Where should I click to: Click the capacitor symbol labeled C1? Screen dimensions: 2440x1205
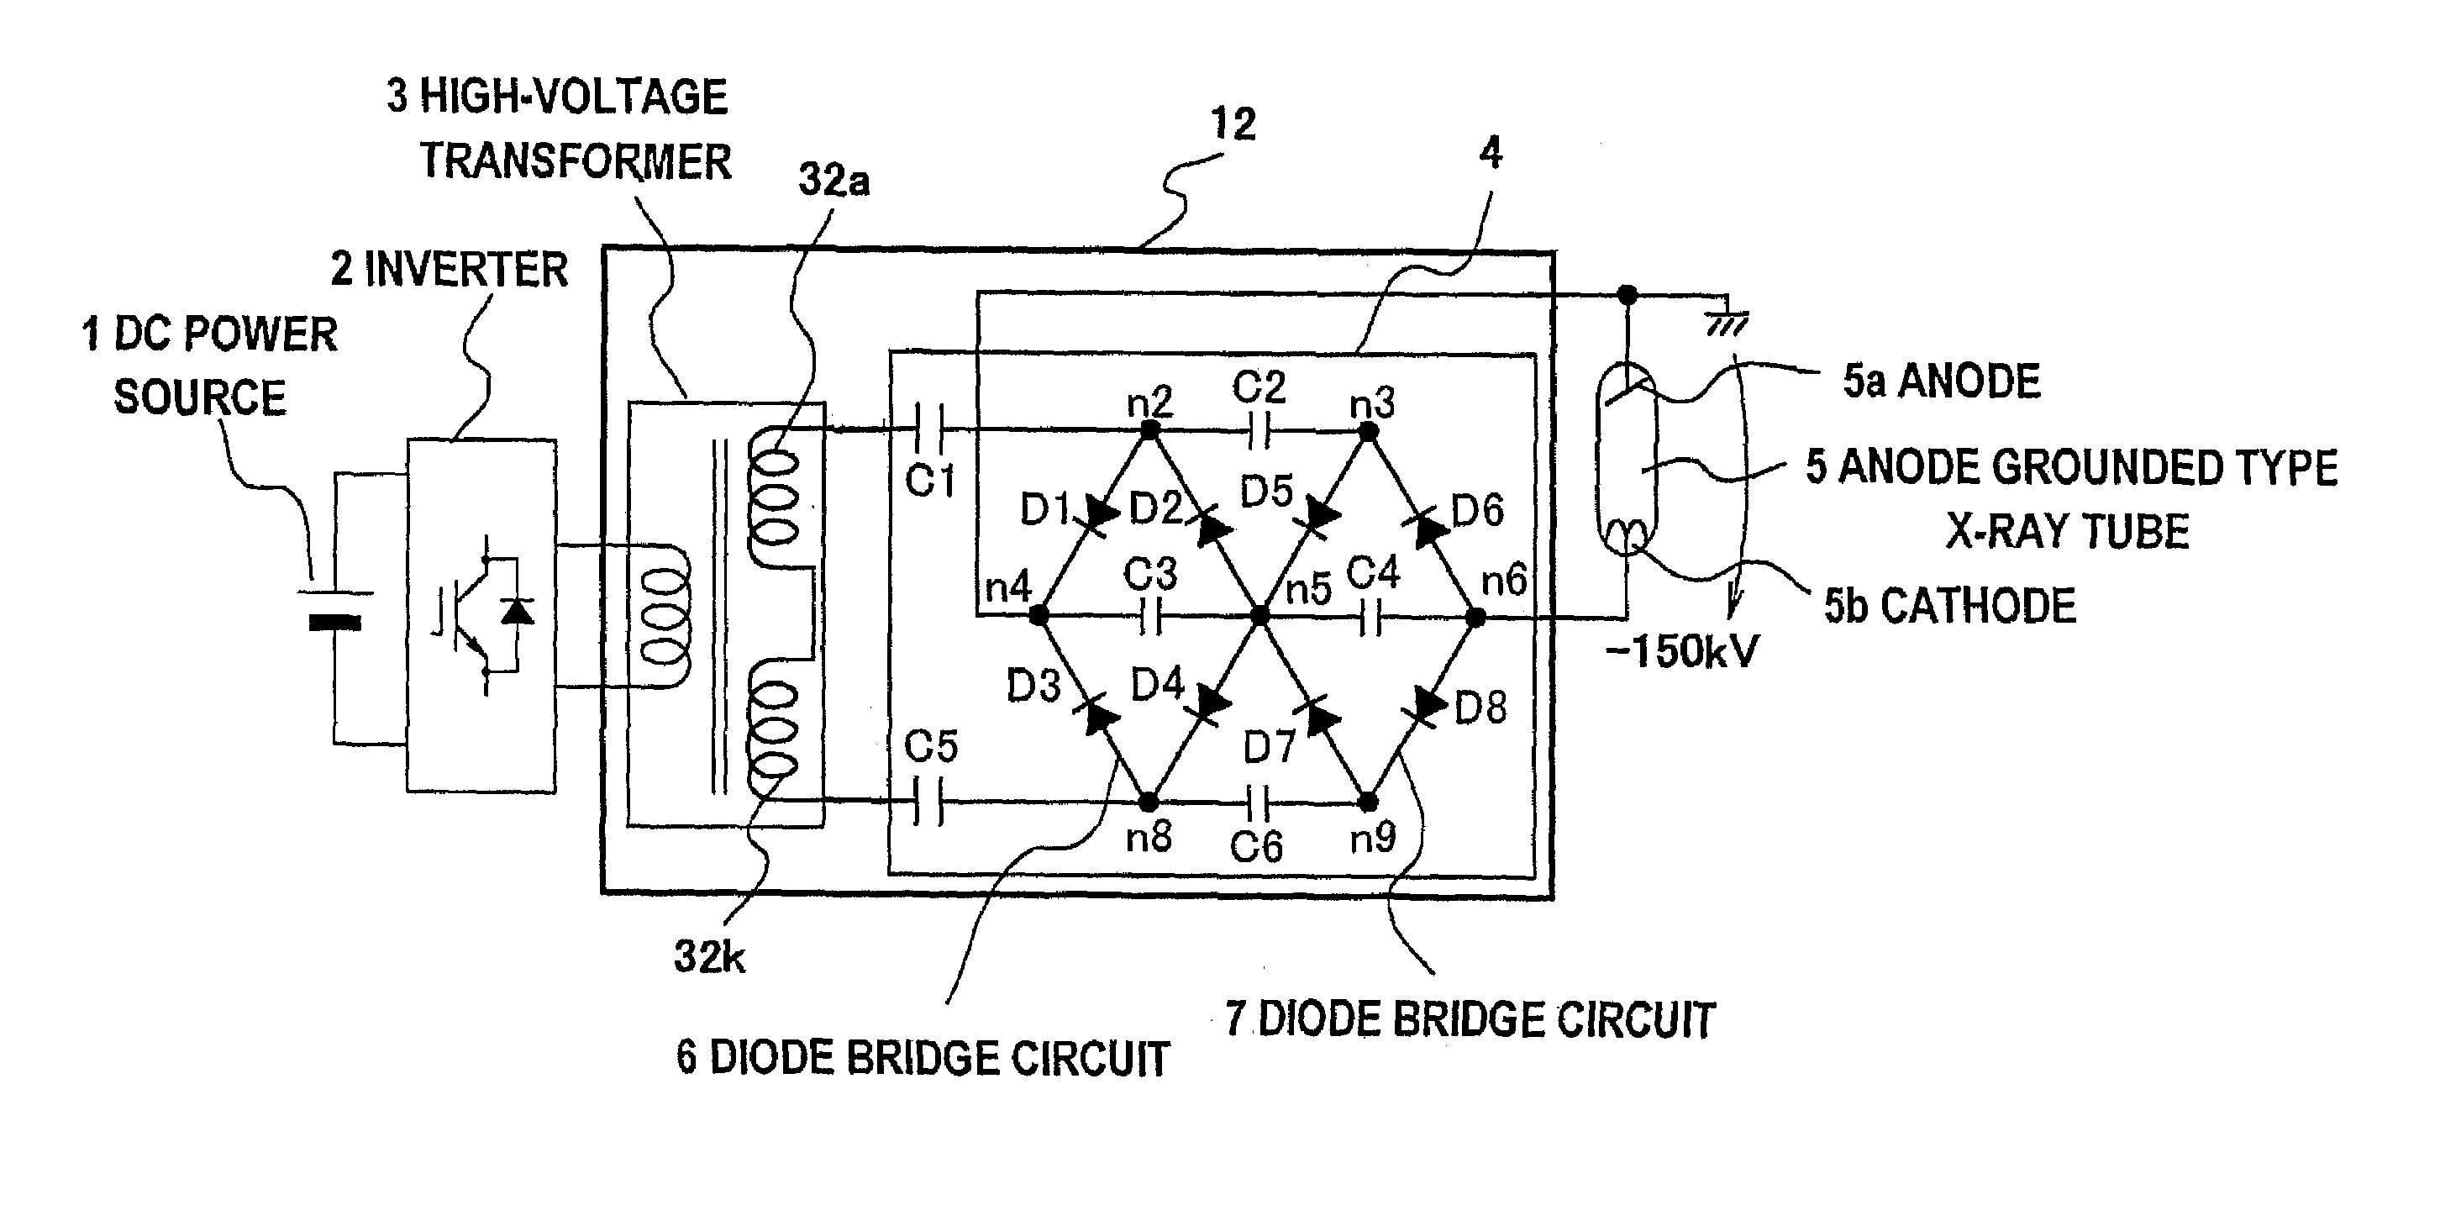(x=928, y=429)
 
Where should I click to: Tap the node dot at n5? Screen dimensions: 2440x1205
(x=1259, y=617)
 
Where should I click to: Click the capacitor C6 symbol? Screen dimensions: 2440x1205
(x=1259, y=802)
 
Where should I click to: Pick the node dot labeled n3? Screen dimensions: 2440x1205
(x=1368, y=432)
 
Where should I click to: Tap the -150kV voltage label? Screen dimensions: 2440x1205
(x=1681, y=652)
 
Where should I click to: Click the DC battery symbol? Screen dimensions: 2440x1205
(x=334, y=608)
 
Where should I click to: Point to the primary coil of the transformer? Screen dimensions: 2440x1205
(x=665, y=616)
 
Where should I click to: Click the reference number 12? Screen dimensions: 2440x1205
(x=1233, y=124)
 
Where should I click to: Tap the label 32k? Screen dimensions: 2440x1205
(x=708, y=957)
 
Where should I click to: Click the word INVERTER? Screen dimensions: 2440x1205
(x=466, y=270)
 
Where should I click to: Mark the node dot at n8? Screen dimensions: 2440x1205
(x=1148, y=802)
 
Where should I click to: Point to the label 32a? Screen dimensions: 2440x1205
(x=833, y=180)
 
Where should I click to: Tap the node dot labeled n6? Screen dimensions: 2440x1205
(x=1475, y=618)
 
